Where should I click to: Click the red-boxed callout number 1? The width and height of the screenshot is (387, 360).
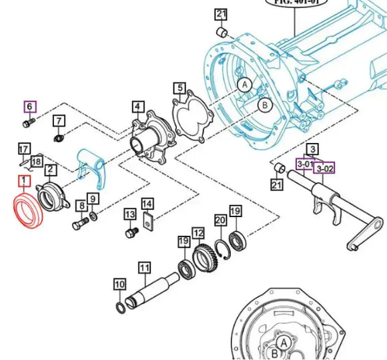coord(23,181)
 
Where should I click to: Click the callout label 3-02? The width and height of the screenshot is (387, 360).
coord(324,169)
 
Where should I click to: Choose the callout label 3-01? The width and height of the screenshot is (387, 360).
coord(306,164)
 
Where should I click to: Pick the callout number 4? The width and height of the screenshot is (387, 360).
coord(137,106)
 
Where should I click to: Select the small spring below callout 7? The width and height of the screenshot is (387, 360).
coord(59,138)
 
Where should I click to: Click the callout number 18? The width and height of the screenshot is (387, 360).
coord(35,162)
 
